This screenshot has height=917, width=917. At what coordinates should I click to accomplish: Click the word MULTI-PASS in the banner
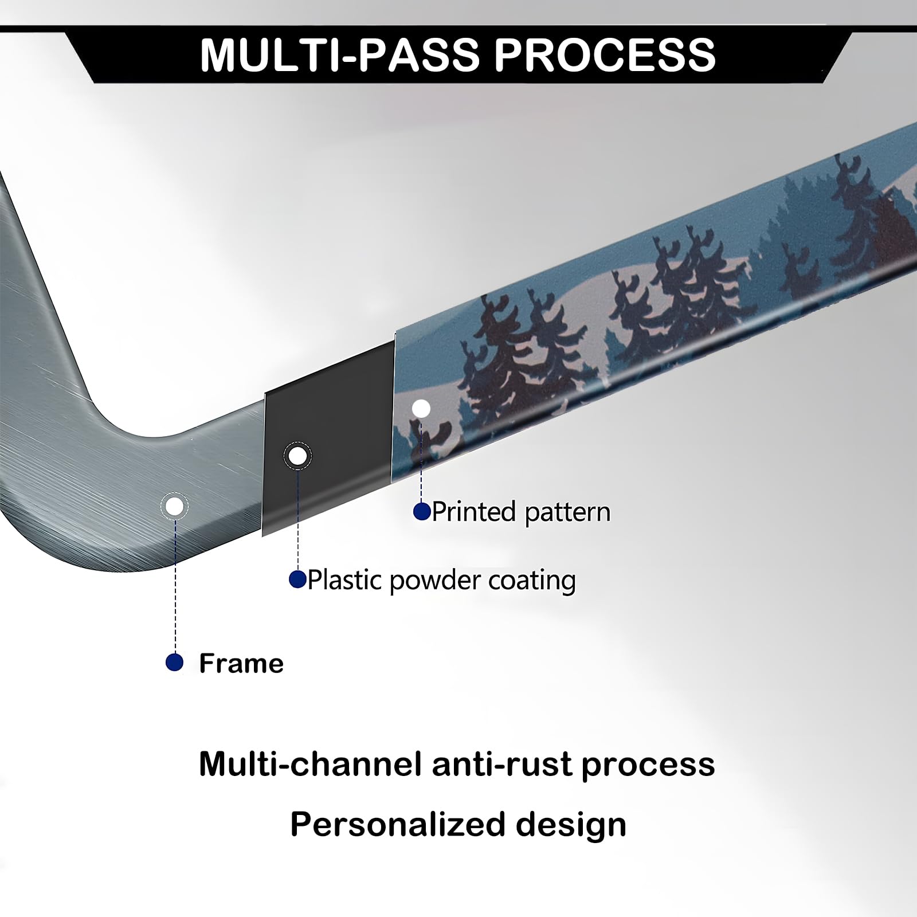339,55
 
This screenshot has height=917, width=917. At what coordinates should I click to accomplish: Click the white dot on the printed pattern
421,409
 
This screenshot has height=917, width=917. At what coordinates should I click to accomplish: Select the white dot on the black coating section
297,456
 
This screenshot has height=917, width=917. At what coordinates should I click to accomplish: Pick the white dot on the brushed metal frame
175,507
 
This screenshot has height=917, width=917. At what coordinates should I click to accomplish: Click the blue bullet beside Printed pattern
422,511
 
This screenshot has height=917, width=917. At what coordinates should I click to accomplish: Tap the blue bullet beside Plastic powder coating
297,579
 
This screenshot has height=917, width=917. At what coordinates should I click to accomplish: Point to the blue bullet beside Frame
174,663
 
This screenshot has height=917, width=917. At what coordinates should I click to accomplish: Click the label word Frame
241,663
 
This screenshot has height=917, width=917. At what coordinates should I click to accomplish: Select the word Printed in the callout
474,511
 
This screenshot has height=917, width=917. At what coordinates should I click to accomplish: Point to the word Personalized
397,824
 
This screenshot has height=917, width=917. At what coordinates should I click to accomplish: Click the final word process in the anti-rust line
648,765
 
